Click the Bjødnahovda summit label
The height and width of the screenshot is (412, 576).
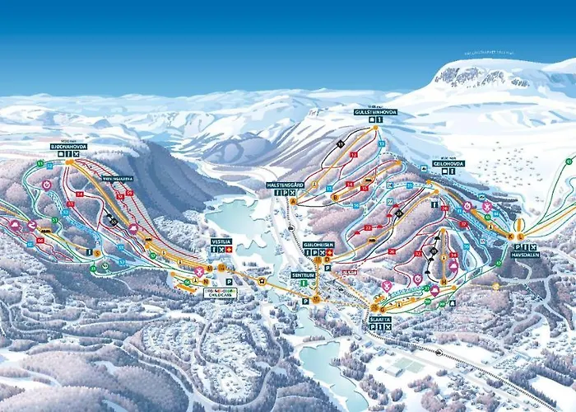point(68,147)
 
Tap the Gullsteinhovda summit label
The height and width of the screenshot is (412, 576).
point(375,111)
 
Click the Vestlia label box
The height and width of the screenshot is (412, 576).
point(221,241)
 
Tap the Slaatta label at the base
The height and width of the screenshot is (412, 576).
point(379,320)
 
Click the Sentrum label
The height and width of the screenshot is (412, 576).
point(304,276)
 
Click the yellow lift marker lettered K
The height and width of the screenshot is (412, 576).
point(510,236)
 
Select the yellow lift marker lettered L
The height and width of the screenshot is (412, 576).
point(521,236)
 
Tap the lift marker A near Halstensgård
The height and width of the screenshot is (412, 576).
point(292,200)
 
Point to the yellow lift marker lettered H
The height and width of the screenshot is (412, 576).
point(443,281)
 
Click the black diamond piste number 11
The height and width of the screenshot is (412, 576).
point(339,143)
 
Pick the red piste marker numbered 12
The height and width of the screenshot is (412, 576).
point(354,154)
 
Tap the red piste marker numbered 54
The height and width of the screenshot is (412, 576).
point(80,194)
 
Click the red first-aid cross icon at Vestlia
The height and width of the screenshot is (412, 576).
point(229,249)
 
